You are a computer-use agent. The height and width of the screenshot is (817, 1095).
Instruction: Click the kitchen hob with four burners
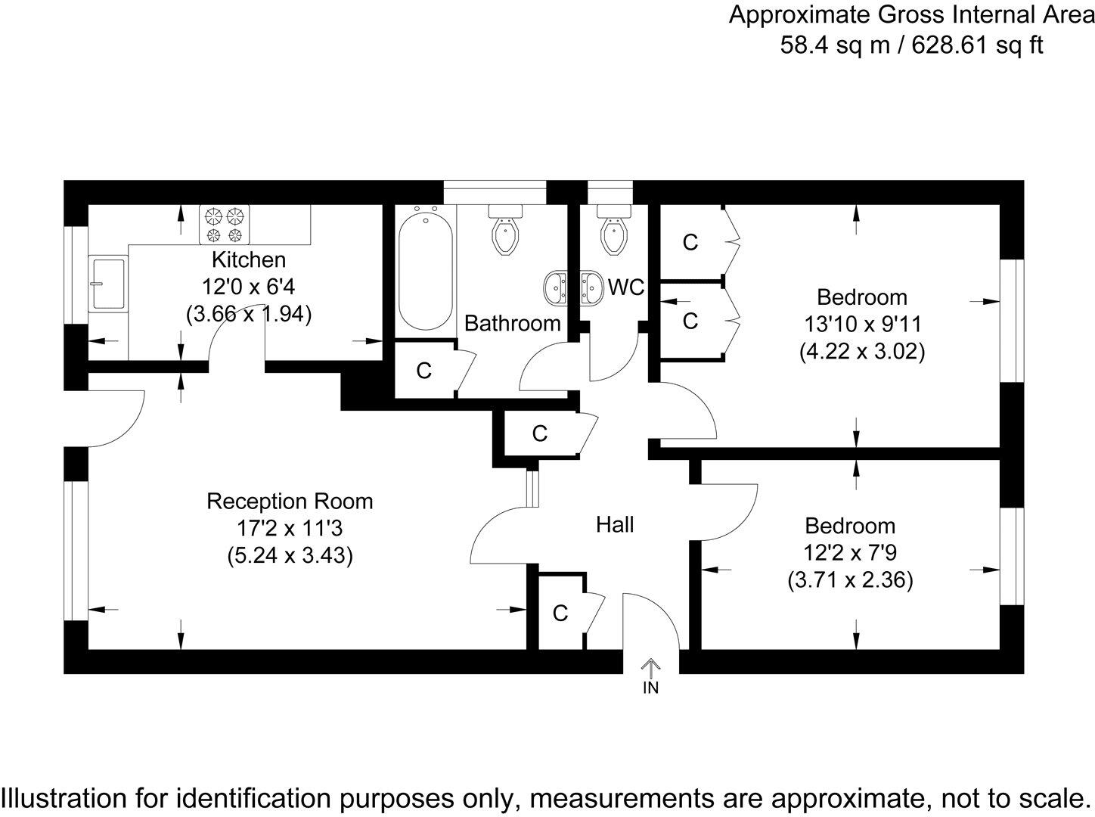tap(224, 225)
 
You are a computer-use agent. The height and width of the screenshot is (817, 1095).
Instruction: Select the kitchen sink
tap(107, 283)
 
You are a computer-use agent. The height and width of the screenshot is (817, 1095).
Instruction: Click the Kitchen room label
tap(248, 259)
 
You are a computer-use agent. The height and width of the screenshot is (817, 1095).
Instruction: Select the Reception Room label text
tap(290, 502)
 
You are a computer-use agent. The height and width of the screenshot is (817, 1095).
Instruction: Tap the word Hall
tap(614, 524)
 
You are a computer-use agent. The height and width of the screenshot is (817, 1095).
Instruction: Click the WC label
tap(626, 287)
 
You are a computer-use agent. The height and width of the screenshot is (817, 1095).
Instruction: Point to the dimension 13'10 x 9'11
tap(862, 325)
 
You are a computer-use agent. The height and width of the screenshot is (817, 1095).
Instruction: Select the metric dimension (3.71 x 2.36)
tap(850, 580)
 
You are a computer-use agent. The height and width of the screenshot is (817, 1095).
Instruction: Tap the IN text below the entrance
tap(650, 688)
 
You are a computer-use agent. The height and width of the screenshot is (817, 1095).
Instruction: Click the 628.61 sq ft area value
tap(977, 45)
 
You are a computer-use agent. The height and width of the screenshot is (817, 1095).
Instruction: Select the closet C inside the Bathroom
tap(424, 371)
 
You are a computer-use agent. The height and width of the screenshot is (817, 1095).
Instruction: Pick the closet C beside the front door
tap(560, 613)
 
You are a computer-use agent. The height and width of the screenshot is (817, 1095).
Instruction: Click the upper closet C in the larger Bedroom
tap(690, 242)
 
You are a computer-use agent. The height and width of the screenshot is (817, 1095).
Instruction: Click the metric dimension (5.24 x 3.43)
tap(290, 556)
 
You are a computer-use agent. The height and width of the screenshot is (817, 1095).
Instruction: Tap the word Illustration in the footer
tap(65, 797)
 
